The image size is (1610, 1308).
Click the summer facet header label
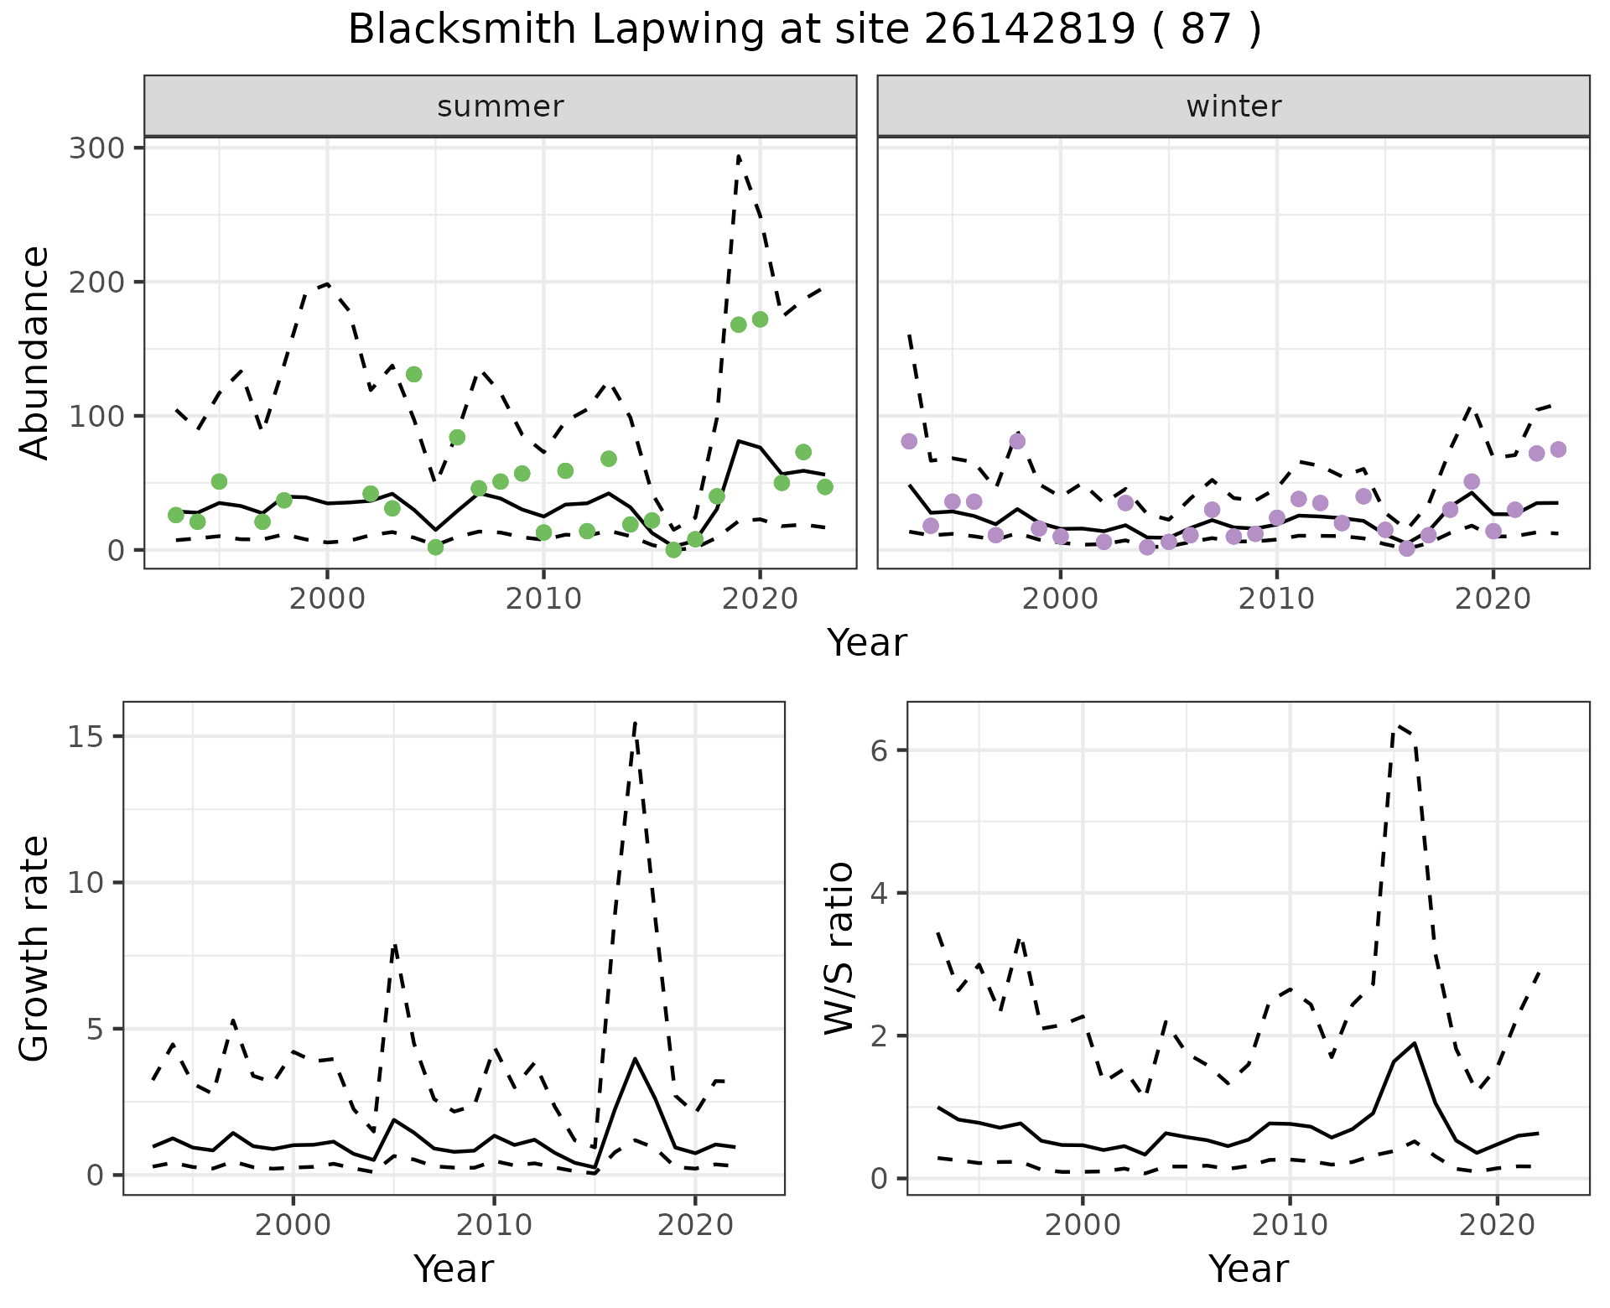click(x=501, y=106)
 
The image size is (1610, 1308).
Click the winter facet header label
click(x=1233, y=106)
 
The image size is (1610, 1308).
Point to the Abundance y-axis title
click(x=35, y=352)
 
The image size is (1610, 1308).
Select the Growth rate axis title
click(x=35, y=947)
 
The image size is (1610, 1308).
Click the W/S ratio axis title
click(x=839, y=947)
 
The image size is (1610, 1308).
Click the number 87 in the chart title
click(x=1206, y=30)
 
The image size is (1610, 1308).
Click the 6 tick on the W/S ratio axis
click(x=879, y=750)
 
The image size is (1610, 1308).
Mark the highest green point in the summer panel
click(x=761, y=319)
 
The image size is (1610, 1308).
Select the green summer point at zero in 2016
click(x=673, y=549)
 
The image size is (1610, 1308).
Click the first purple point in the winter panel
click(x=909, y=441)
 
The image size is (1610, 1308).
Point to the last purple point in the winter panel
click(x=1558, y=449)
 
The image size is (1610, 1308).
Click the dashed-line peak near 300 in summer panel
click(x=738, y=156)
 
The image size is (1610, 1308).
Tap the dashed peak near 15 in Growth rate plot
click(x=635, y=723)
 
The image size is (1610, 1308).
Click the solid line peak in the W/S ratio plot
click(x=1415, y=1043)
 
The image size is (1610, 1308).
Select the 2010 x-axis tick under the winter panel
click(x=1276, y=599)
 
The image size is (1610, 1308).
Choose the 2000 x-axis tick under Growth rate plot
click(x=293, y=1226)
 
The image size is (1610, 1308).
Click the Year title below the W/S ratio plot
click(x=1248, y=1269)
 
